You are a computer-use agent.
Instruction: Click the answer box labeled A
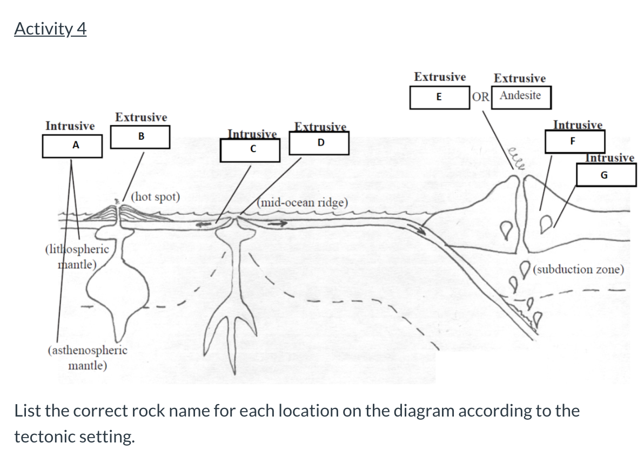pos(72,145)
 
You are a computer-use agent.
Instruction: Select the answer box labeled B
pos(140,137)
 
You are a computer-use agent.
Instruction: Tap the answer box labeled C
pos(250,150)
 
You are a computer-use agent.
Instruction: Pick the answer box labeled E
pos(439,97)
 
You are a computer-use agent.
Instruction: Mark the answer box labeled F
pos(574,141)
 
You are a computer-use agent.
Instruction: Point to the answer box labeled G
pos(606,175)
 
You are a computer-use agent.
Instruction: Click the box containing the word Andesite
pos(520,96)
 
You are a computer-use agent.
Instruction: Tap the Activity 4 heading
pos(50,29)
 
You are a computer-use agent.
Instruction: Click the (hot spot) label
pos(156,196)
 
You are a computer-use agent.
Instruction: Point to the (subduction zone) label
pos(578,269)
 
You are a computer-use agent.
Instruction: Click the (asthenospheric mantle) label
pos(88,357)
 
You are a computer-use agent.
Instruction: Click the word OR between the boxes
pos(481,97)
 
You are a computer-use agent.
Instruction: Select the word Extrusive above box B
pos(141,117)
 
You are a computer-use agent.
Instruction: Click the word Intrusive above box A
pos(70,126)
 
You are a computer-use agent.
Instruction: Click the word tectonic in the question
pos(43,436)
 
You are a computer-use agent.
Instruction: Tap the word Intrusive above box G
pos(610,158)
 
